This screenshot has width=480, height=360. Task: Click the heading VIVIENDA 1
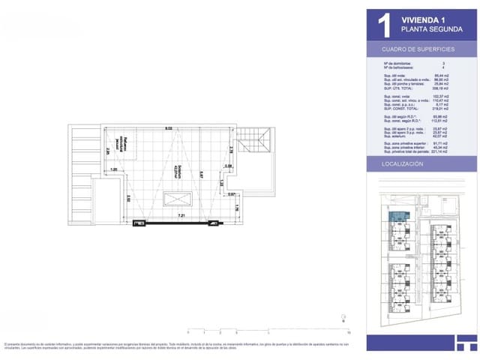(x=424, y=19)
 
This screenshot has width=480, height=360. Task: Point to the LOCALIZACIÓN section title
(x=404, y=163)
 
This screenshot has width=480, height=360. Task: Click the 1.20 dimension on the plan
(x=114, y=169)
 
